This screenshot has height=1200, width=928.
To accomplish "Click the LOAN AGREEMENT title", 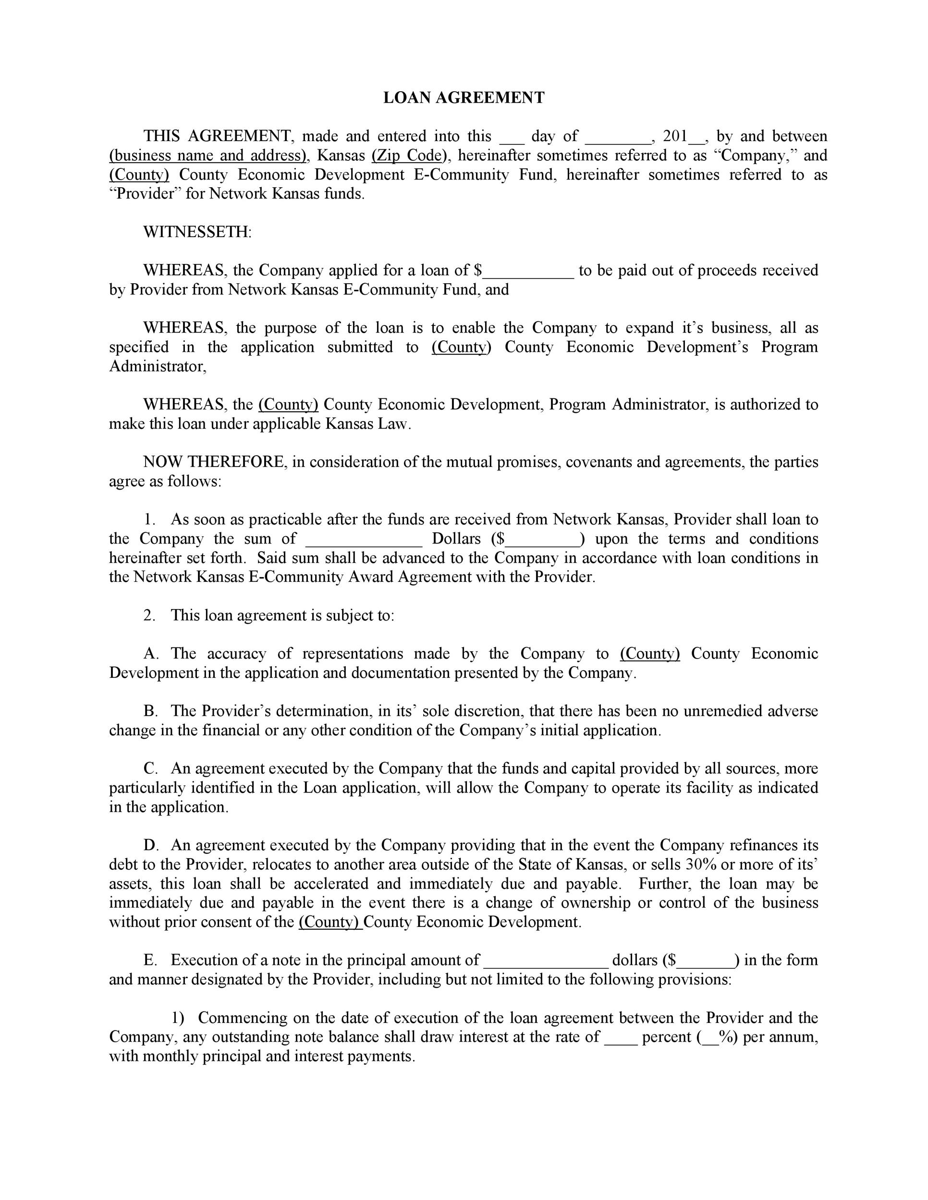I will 464,98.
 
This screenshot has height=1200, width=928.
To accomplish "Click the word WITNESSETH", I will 197,232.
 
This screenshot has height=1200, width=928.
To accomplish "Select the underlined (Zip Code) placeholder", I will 407,156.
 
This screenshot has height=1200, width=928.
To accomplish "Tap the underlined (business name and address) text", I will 207,156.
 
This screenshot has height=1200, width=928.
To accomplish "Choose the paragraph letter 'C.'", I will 151,768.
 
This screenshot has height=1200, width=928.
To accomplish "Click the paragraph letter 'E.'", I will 151,960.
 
